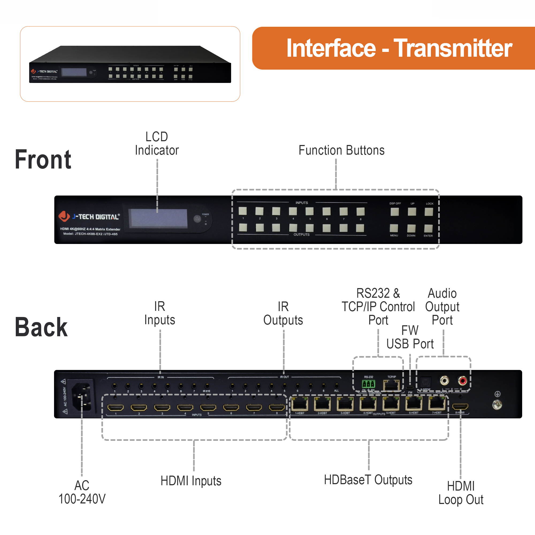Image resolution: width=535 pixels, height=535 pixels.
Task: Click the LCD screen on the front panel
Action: pyautogui.click(x=159, y=218)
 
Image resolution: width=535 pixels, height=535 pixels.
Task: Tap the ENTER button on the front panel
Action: pyautogui.click(x=428, y=228)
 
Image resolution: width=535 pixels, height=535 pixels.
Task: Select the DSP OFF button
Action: pyautogui.click(x=395, y=212)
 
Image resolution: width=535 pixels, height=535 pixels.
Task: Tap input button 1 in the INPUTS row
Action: pyautogui.click(x=243, y=211)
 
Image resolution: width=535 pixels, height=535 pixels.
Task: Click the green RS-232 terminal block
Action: pyautogui.click(x=368, y=384)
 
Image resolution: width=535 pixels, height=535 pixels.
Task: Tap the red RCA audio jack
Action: pyautogui.click(x=462, y=381)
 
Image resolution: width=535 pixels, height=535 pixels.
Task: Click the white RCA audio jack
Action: pyautogui.click(x=444, y=381)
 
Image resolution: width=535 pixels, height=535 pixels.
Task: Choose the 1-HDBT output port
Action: pyautogui.click(x=299, y=404)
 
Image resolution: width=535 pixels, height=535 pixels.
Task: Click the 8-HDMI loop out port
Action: pyautogui.click(x=460, y=407)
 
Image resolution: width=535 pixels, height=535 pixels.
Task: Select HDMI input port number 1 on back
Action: pyautogui.click(x=116, y=407)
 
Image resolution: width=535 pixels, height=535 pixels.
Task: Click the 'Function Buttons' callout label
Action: pyautogui.click(x=341, y=150)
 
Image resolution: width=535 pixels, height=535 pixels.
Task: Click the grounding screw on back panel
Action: pyautogui.click(x=497, y=405)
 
